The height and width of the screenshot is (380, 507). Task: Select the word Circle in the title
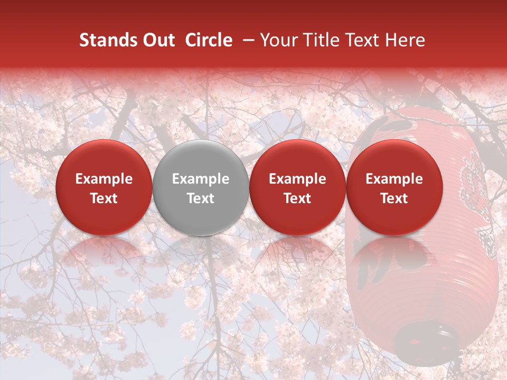tap(209, 40)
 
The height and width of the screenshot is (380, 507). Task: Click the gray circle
tap(201, 187)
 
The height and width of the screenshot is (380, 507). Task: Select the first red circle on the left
tap(104, 187)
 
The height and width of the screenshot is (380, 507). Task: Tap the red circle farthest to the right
tap(395, 187)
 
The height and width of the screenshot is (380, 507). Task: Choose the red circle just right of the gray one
tap(297, 187)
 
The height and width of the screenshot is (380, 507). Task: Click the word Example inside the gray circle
tap(201, 179)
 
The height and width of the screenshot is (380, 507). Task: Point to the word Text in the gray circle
tap(201, 198)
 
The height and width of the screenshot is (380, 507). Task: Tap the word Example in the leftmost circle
tap(104, 179)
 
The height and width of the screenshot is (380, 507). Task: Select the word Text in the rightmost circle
tap(395, 198)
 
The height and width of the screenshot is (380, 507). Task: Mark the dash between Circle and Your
tap(246, 40)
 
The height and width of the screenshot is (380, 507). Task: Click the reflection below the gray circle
tap(201, 253)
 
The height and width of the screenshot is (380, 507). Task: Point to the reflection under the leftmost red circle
tap(104, 253)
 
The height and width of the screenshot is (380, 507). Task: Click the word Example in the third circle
tap(297, 179)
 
